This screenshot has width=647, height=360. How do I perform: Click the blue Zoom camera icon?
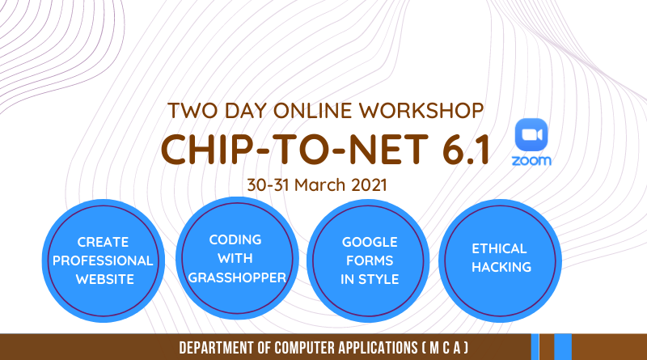[x=531, y=134]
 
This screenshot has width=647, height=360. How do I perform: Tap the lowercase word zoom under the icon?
[x=531, y=160]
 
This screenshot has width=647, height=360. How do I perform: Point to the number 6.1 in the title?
[x=466, y=149]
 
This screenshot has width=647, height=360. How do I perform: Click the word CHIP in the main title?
[x=205, y=149]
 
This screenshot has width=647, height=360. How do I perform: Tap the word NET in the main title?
[x=389, y=149]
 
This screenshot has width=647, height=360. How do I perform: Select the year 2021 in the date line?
[x=369, y=184]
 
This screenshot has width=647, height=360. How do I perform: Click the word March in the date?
[x=319, y=184]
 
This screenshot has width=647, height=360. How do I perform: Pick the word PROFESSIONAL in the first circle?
[x=103, y=260]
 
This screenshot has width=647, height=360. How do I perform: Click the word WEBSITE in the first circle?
[x=105, y=279]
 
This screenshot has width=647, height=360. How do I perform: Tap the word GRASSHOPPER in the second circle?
[x=237, y=277]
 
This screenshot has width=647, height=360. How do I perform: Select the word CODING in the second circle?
[x=235, y=239]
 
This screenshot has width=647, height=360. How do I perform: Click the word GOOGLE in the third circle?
[x=370, y=242]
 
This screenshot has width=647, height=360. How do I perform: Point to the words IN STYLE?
[x=370, y=279]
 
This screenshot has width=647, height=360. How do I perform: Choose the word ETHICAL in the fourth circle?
[x=499, y=248]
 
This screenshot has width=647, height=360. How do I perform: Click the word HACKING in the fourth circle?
[x=501, y=267]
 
